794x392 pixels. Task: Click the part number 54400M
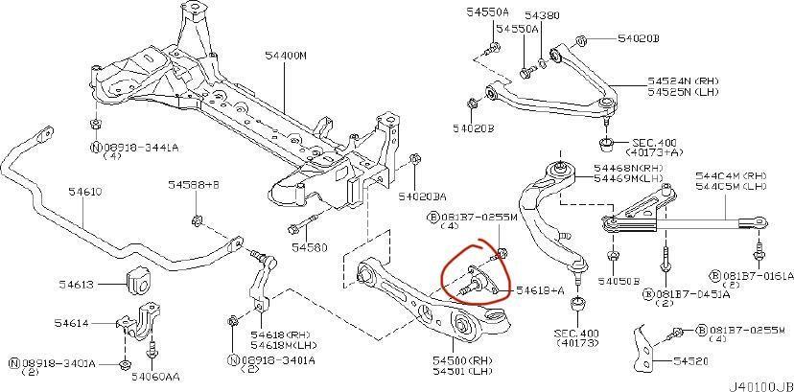289,57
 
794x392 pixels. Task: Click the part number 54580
310,247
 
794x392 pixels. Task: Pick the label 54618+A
540,288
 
